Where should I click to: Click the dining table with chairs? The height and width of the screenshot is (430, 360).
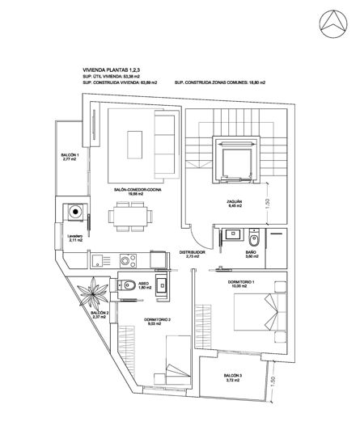tap(129, 214)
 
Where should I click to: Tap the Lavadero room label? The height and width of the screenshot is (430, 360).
tap(76, 238)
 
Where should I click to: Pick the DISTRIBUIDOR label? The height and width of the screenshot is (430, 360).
tap(193, 253)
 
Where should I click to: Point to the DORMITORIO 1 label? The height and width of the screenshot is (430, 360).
tap(241, 282)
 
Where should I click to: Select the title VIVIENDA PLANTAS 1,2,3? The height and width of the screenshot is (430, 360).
tap(114, 70)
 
